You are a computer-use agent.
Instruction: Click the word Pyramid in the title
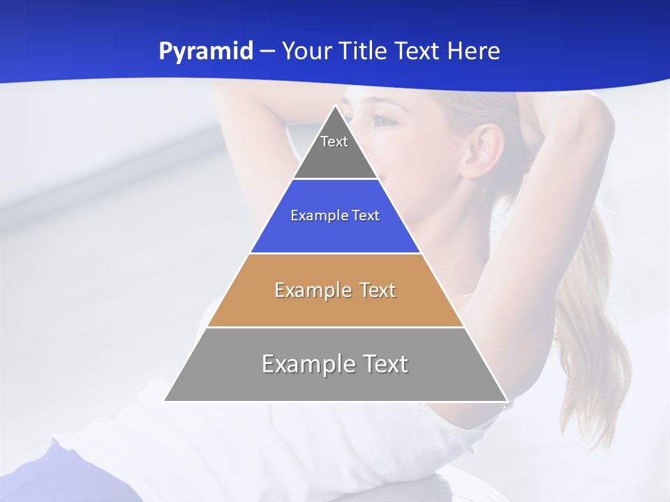[205, 52]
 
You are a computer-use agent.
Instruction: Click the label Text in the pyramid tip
[334, 142]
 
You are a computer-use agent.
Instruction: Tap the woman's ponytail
[593, 335]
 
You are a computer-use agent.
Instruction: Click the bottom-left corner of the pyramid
[165, 401]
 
